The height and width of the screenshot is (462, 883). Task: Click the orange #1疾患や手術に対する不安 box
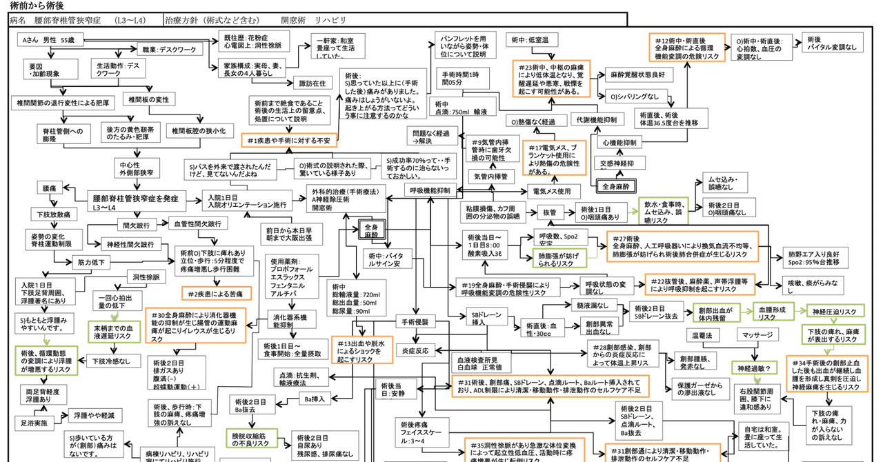[x=289, y=141]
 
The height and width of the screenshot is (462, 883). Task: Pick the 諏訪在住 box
[x=311, y=83]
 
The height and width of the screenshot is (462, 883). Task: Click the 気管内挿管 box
[x=490, y=177]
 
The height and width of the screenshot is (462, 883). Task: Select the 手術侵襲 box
[x=416, y=322]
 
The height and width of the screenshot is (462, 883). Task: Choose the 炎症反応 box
[x=416, y=351]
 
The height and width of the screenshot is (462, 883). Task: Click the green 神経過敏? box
[x=757, y=367]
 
